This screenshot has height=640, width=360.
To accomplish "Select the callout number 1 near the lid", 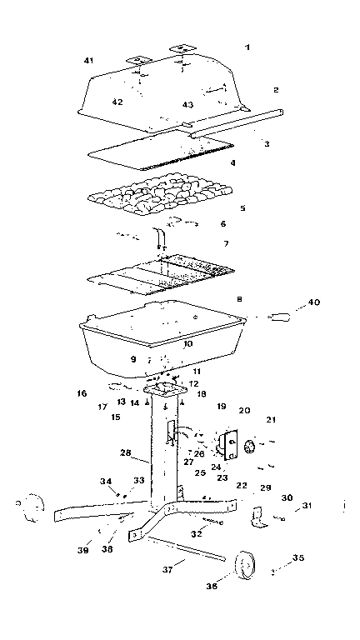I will click(247, 48).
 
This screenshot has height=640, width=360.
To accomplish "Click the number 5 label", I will click(242, 207).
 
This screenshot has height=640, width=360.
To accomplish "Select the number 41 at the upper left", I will click(90, 61).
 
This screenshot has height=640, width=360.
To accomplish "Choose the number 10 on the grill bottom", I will click(187, 342).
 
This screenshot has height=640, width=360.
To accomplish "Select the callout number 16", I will click(81, 392).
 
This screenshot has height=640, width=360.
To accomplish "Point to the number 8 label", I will click(239, 297).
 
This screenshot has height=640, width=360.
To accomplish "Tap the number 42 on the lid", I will click(117, 102).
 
